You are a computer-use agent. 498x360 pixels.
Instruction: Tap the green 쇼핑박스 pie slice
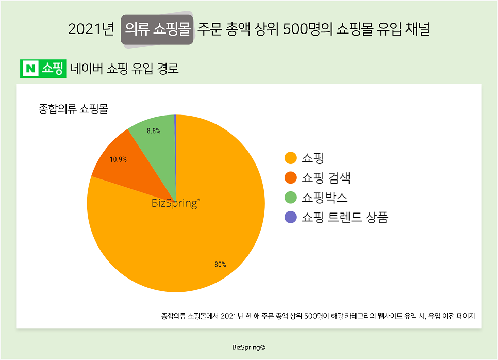pyautogui.click(x=155, y=139)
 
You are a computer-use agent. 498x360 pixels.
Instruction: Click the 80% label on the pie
pyautogui.click(x=220, y=265)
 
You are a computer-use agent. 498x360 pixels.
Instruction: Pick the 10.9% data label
pyautogui.click(x=118, y=159)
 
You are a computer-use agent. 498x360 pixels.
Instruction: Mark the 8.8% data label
pyautogui.click(x=153, y=131)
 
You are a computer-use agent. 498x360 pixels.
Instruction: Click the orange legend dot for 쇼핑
pyautogui.click(x=291, y=158)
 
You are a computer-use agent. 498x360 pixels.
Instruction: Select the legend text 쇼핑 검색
pyautogui.click(x=326, y=178)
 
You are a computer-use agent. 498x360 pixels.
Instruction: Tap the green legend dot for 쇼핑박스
pyautogui.click(x=291, y=198)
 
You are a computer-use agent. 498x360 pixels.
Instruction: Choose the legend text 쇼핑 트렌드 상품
pyautogui.click(x=345, y=218)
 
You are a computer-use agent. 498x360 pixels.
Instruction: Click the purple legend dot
pyautogui.click(x=291, y=218)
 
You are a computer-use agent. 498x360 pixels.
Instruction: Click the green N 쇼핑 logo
pyautogui.click(x=43, y=69)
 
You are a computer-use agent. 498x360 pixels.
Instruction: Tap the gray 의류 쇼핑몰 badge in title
pyautogui.click(x=157, y=29)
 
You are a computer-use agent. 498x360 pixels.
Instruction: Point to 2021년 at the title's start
pyautogui.click(x=91, y=29)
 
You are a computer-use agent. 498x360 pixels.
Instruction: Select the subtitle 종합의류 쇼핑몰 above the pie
pyautogui.click(x=74, y=109)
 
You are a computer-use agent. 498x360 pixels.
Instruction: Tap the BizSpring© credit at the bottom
pyautogui.click(x=249, y=348)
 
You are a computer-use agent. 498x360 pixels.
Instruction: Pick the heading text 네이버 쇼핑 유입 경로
pyautogui.click(x=125, y=69)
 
